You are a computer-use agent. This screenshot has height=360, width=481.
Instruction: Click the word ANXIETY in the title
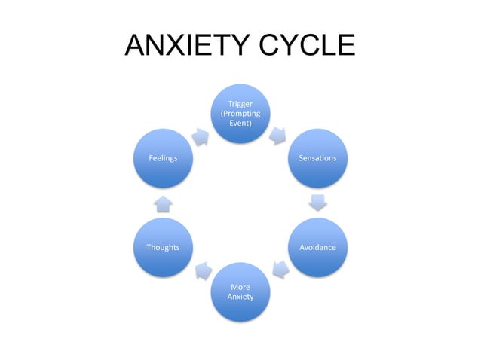click(x=182, y=47)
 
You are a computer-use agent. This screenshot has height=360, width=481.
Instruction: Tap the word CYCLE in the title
click(x=301, y=47)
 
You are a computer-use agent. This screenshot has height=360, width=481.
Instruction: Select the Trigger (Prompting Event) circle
click(x=240, y=113)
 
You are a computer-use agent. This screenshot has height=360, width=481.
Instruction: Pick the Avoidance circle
click(x=318, y=247)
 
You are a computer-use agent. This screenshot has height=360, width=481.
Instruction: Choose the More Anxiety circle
click(x=240, y=291)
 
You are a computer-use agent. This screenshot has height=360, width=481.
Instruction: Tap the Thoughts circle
click(x=163, y=247)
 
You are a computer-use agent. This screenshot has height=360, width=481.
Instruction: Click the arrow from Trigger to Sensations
click(x=278, y=135)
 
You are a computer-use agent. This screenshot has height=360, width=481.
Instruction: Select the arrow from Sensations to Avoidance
click(x=318, y=202)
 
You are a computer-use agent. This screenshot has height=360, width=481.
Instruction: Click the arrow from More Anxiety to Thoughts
click(x=202, y=269)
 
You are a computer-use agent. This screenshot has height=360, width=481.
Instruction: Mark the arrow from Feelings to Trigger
click(x=201, y=136)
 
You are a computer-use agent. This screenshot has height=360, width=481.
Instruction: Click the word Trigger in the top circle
click(x=240, y=104)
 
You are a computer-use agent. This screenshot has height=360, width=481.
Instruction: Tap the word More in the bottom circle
click(x=240, y=287)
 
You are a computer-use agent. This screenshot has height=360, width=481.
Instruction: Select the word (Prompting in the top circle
click(x=240, y=113)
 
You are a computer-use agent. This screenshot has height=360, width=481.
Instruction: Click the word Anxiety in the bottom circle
click(x=240, y=297)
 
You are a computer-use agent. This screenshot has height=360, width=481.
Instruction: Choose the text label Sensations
click(x=318, y=158)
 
